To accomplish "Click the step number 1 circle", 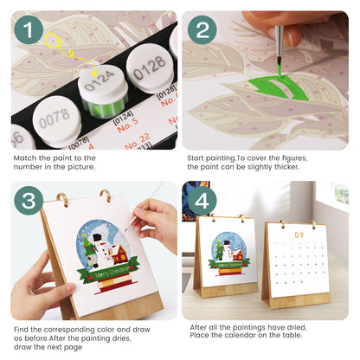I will click(31, 33).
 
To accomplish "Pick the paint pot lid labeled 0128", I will click(149, 62).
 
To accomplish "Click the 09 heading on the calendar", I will click(297, 235).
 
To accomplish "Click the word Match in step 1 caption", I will click(27, 159).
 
